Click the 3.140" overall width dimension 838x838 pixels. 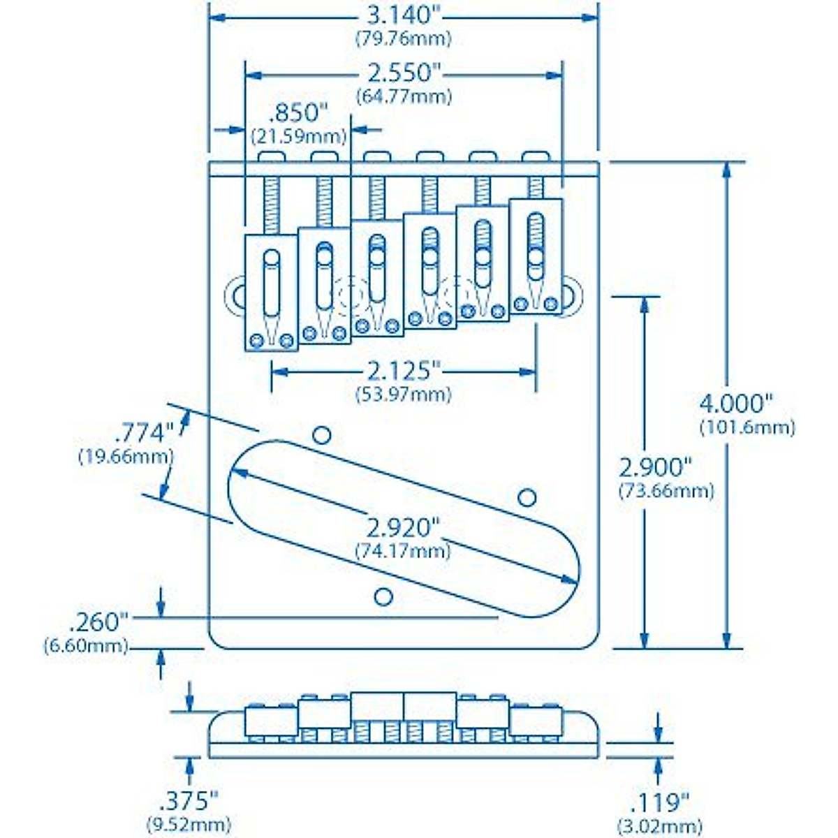pyautogui.click(x=404, y=16)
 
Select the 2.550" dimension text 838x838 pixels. pyautogui.click(x=404, y=73)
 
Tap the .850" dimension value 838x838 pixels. pyautogui.click(x=298, y=113)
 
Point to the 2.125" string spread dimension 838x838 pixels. pyautogui.click(x=404, y=371)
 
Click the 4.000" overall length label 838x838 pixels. pyautogui.click(x=737, y=404)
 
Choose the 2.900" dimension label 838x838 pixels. pyautogui.click(x=656, y=467)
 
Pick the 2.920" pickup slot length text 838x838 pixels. pyautogui.click(x=404, y=527)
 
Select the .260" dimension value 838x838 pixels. pyautogui.click(x=100, y=622)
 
